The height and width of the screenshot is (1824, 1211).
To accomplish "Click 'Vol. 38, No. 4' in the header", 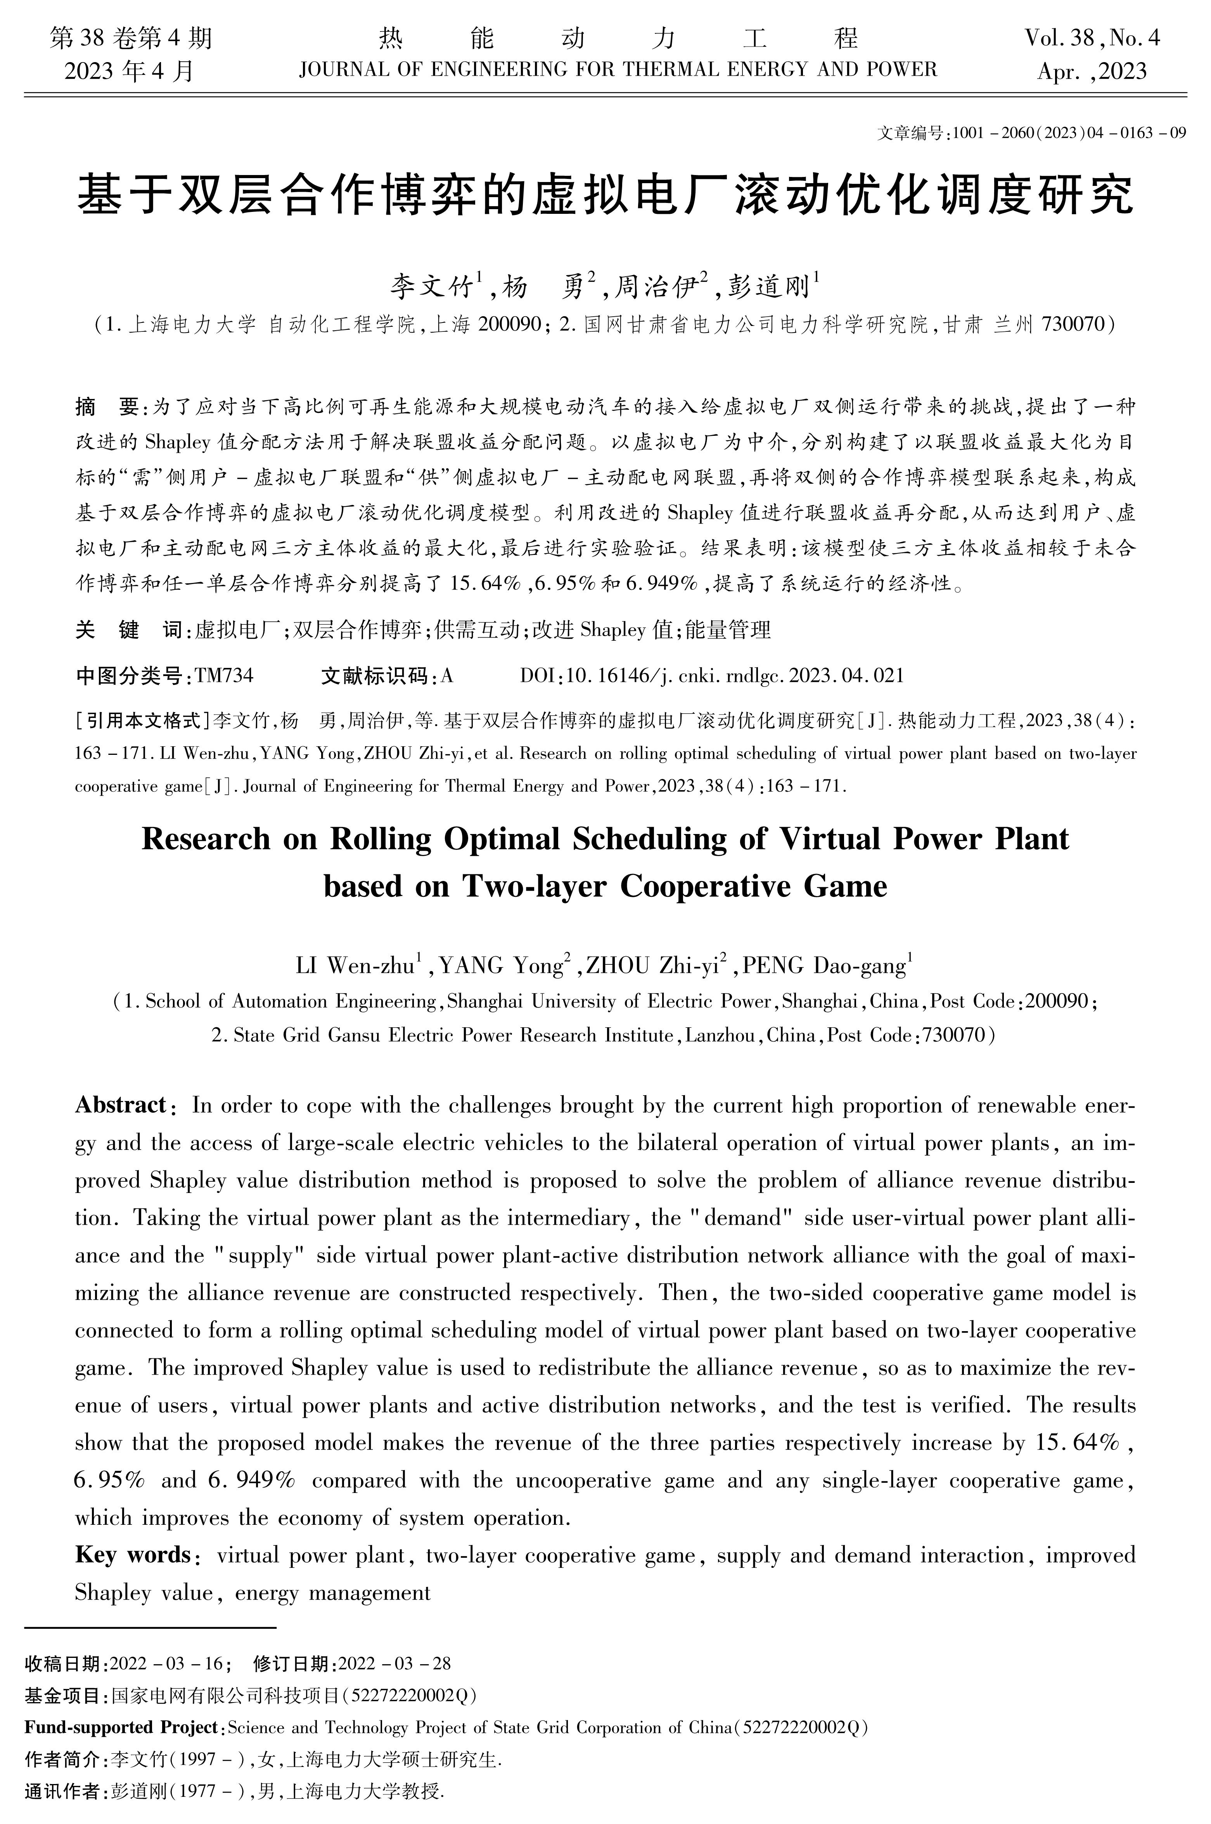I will [1092, 37].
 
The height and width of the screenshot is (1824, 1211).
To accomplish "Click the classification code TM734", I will [224, 676].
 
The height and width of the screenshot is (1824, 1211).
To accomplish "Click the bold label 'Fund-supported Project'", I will [122, 1727].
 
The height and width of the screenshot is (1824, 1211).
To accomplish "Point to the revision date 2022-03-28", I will [394, 1663].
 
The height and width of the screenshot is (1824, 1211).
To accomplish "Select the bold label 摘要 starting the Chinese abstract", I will [107, 407].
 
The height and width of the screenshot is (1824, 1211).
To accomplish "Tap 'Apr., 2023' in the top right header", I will [1092, 72].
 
